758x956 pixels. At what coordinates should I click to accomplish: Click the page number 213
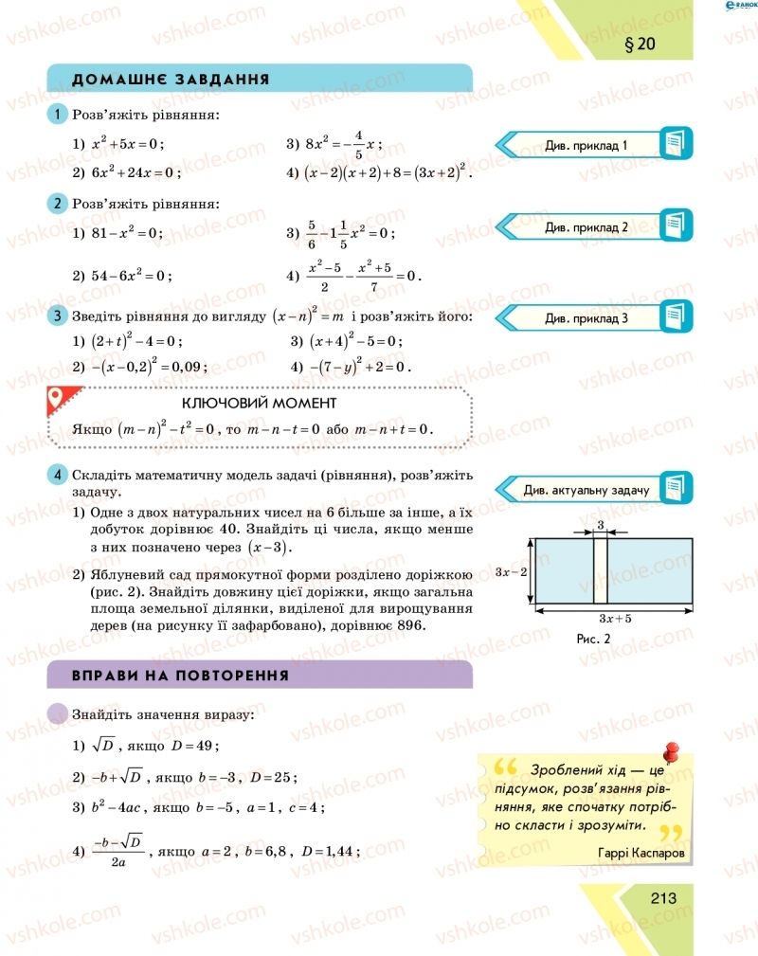(663, 897)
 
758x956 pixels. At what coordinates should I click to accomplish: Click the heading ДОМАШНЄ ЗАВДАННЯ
(171, 79)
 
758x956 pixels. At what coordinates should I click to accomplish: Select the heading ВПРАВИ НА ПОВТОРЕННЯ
(180, 676)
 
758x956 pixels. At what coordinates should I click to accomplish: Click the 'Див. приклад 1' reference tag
(587, 145)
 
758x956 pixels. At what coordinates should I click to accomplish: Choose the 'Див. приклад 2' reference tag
(587, 227)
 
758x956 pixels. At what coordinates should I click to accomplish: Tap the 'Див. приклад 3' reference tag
(587, 318)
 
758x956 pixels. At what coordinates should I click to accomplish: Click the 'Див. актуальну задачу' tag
(587, 490)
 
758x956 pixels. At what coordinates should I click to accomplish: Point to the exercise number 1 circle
(58, 116)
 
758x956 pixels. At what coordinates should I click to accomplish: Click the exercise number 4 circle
(58, 475)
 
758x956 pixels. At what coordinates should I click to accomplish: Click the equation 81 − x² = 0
(127, 232)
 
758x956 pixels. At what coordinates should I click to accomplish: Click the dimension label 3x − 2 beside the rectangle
(511, 571)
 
